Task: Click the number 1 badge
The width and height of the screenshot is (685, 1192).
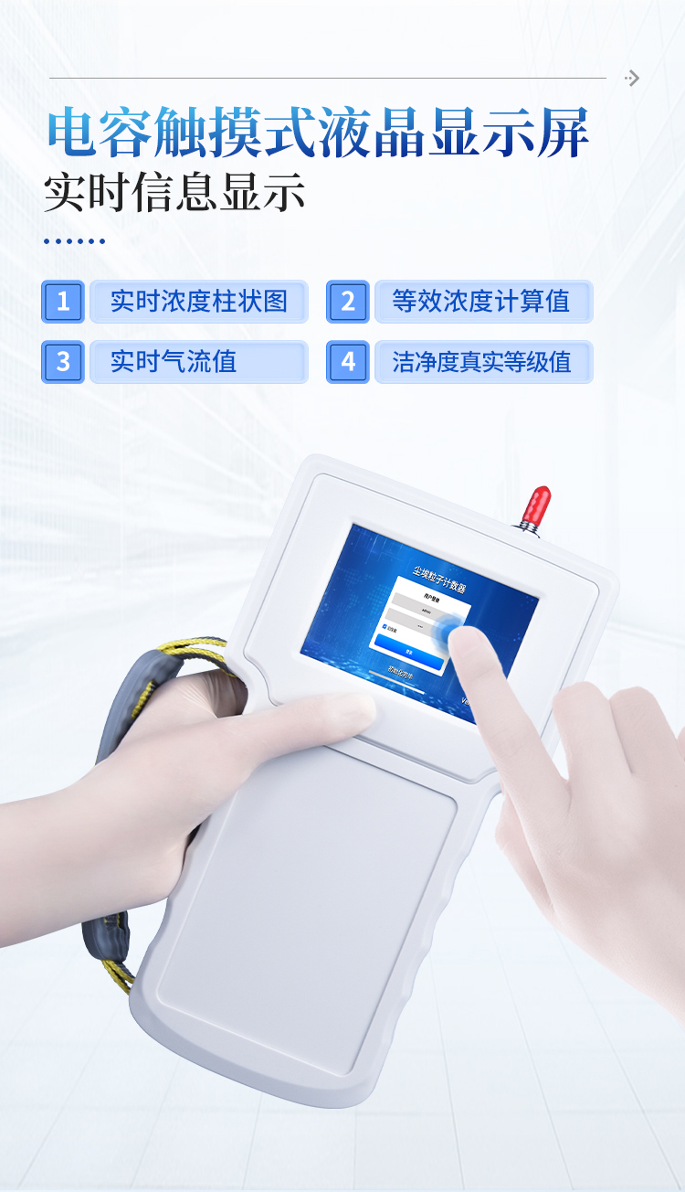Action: pos(63,302)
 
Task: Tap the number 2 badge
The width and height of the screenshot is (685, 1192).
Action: pos(348,302)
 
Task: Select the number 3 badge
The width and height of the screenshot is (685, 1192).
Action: pos(63,362)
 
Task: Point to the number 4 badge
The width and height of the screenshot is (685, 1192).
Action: pos(348,362)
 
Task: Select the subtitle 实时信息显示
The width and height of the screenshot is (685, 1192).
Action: pos(174,193)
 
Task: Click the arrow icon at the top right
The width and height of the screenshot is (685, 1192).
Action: pos(632,79)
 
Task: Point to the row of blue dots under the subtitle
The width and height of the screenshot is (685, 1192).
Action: pos(75,241)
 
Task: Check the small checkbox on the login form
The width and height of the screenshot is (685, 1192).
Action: pos(385,626)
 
